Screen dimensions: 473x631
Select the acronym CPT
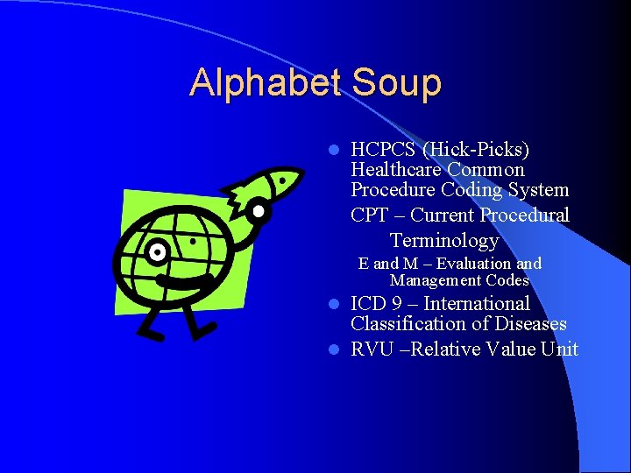(x=367, y=215)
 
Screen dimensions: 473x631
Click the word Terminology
(x=444, y=240)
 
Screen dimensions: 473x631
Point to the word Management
(x=433, y=280)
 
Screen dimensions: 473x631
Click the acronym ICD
(x=368, y=304)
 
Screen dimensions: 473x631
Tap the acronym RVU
(x=369, y=349)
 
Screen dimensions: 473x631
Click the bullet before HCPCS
(x=334, y=150)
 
